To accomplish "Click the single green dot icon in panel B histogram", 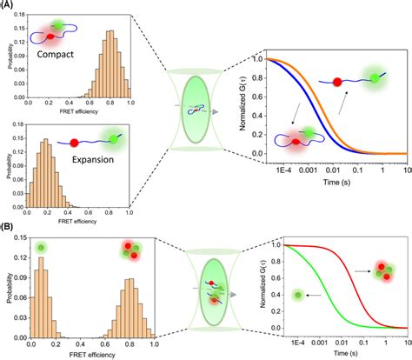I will pos(41,225).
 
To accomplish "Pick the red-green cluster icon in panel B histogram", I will pos(129,230).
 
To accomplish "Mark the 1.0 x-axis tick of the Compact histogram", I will pos(130,102).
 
